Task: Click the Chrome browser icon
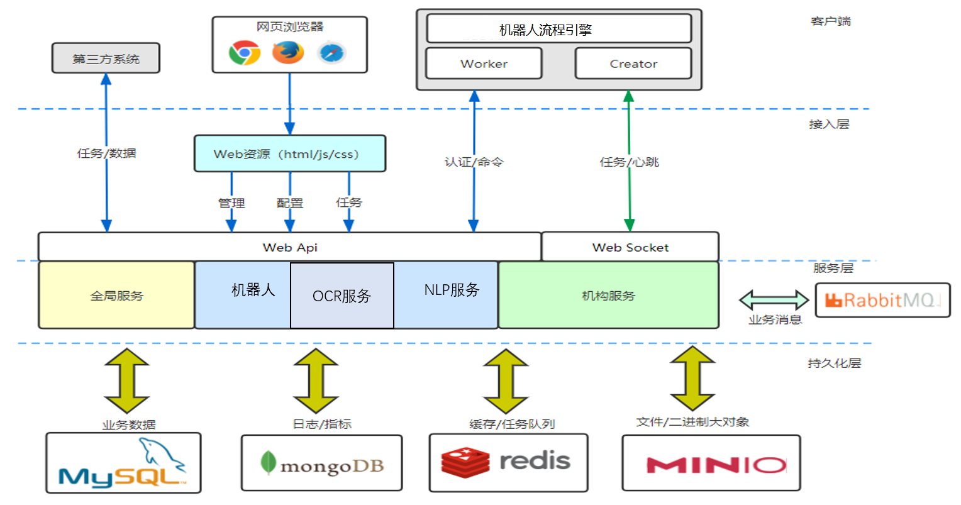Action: pyautogui.click(x=245, y=53)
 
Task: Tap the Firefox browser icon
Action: pyautogui.click(x=288, y=53)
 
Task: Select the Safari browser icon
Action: pyautogui.click(x=331, y=53)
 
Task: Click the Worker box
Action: pyautogui.click(x=484, y=64)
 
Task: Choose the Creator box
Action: pyautogui.click(x=633, y=64)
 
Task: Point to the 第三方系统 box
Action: pyautogui.click(x=106, y=58)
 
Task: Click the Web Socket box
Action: pyautogui.click(x=630, y=247)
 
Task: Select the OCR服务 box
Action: pyautogui.click(x=342, y=296)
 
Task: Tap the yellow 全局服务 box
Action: pyautogui.click(x=116, y=296)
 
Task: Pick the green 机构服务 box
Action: pyautogui.click(x=608, y=296)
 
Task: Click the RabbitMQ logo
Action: pyautogui.click(x=882, y=300)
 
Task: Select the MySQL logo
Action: pyautogui.click(x=123, y=464)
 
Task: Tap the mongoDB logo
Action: pyautogui.click(x=321, y=464)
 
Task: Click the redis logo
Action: pyautogui.click(x=508, y=462)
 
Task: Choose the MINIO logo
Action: pyautogui.click(x=711, y=464)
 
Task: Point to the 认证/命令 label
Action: pyautogui.click(x=474, y=162)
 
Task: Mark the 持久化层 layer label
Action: pyautogui.click(x=834, y=363)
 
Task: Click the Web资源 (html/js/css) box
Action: pyautogui.click(x=289, y=154)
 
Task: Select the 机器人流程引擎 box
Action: pyautogui.click(x=558, y=30)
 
